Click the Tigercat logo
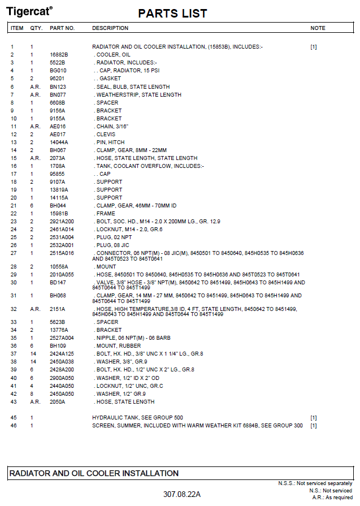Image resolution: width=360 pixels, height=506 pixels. (x=29, y=11)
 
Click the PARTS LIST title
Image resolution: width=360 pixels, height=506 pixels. (x=172, y=13)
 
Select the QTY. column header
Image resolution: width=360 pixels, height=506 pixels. (x=36, y=28)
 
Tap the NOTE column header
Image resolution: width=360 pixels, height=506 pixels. (x=318, y=28)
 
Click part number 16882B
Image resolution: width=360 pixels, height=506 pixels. (x=59, y=55)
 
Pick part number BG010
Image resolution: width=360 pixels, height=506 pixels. (x=57, y=71)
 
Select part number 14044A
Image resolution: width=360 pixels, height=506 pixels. (x=59, y=142)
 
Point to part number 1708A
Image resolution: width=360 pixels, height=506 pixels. (x=57, y=166)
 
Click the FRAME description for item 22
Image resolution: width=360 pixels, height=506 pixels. (x=106, y=214)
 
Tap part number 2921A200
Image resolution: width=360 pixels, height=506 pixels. (x=62, y=222)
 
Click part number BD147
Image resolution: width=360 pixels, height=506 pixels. (x=58, y=282)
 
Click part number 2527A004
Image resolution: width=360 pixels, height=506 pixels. (x=62, y=338)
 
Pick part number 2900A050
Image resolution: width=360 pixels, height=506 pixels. (x=62, y=378)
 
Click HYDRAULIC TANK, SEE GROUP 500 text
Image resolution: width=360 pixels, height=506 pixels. (x=137, y=417)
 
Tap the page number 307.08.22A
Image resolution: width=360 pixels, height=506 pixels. (x=181, y=494)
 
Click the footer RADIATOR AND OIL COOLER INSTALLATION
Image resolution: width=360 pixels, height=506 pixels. (x=94, y=473)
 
